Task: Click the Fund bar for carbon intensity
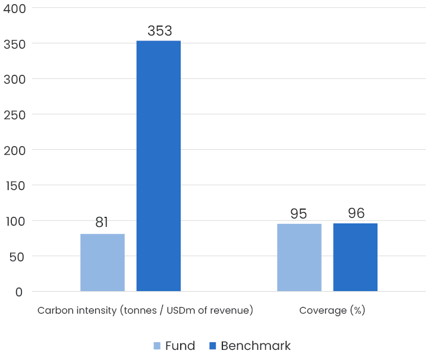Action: click(102, 263)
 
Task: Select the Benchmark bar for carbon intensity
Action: click(159, 166)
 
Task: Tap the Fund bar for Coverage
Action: click(299, 257)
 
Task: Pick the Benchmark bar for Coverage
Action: click(355, 257)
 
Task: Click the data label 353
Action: click(159, 31)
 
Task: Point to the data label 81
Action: click(102, 223)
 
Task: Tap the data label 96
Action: click(356, 213)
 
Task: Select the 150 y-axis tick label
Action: click(14, 186)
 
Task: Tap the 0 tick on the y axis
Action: click(19, 292)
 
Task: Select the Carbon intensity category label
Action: click(145, 311)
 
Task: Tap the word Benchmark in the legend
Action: click(256, 346)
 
